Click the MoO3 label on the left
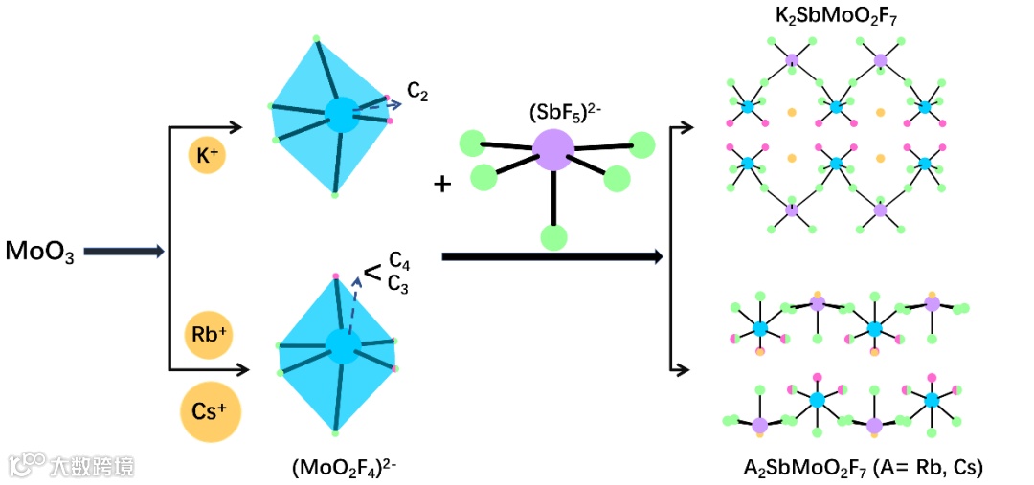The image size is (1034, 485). (x=39, y=253)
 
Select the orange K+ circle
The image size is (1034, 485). (x=206, y=154)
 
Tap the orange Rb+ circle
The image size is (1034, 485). (x=208, y=335)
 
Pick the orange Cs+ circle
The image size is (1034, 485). (x=210, y=414)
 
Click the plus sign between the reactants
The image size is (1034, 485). (x=442, y=184)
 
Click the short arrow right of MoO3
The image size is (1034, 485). (x=124, y=252)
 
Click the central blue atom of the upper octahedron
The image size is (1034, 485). (x=339, y=114)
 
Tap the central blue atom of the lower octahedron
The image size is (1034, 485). (x=342, y=346)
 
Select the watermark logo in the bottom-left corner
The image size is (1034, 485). (x=29, y=465)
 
